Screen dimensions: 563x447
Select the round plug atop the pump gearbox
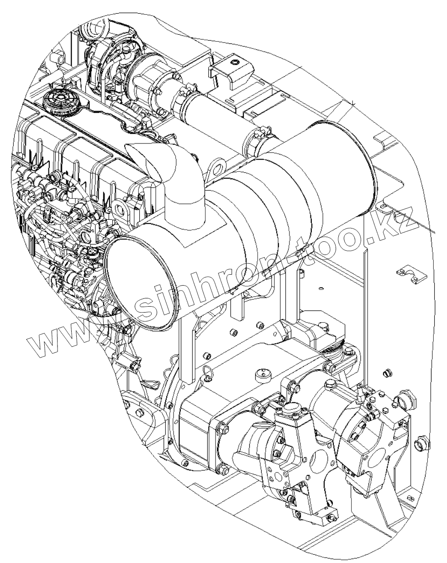point(263,374)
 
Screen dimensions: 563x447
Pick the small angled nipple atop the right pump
point(361,391)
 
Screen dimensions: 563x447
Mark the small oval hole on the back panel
point(321,288)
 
